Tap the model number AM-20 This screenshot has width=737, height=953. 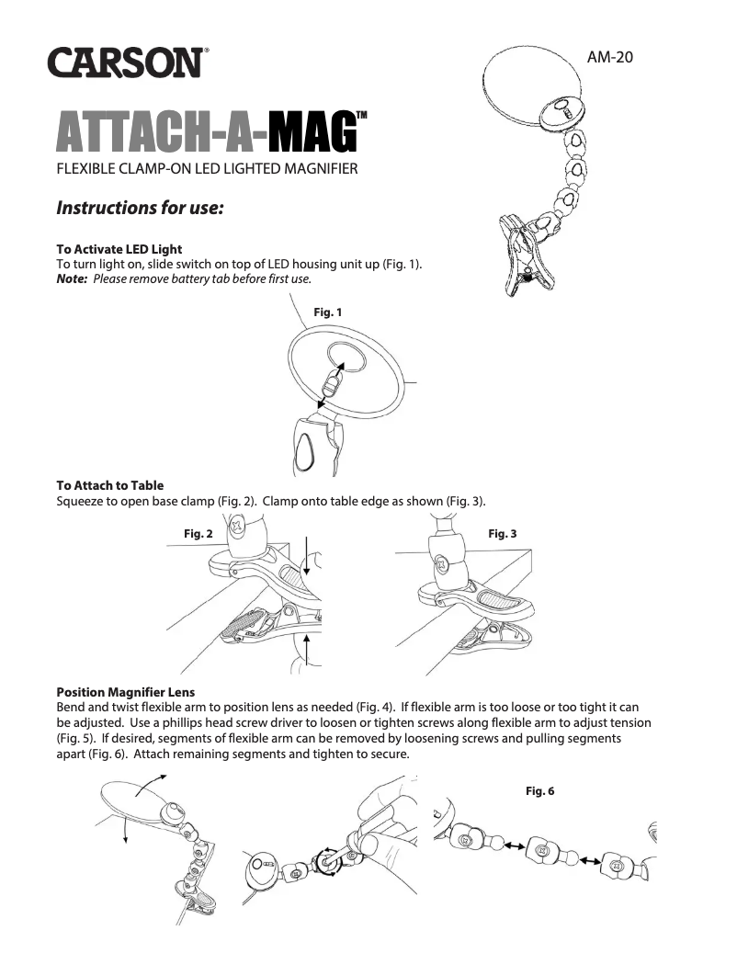(x=611, y=57)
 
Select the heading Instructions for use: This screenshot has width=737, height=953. (x=141, y=208)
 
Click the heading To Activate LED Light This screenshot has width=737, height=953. (x=119, y=249)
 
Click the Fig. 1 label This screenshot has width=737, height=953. (x=328, y=312)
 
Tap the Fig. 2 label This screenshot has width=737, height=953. (x=199, y=533)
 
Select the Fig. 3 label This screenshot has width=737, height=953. (x=503, y=533)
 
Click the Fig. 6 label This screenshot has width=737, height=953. (x=540, y=790)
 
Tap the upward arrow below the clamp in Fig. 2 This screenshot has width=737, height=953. (x=305, y=660)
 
